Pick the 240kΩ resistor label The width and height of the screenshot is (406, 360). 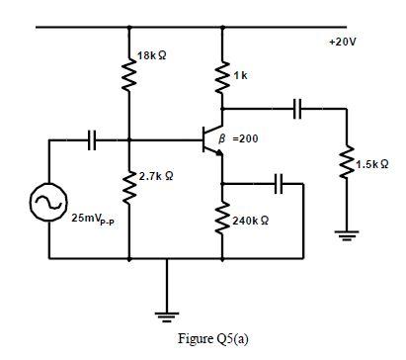coord(253,218)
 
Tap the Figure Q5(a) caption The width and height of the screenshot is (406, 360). coord(213,338)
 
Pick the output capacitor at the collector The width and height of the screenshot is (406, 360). coord(297,109)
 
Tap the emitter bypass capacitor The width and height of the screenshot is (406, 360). coord(280,183)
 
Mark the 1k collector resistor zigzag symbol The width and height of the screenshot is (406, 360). coord(222,76)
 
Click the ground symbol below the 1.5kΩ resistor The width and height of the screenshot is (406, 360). coord(347,235)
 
